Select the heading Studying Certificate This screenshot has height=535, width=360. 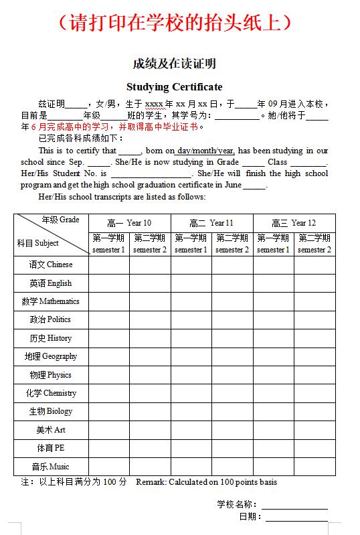point(174,87)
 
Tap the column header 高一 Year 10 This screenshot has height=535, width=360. point(129,223)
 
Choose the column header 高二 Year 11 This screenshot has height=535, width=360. point(211,223)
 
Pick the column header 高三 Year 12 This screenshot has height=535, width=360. point(294,223)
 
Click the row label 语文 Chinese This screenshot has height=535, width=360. point(51,265)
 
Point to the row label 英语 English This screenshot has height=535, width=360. point(51,283)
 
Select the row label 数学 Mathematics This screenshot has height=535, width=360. point(51,301)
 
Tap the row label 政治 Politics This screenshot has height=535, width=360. point(51,319)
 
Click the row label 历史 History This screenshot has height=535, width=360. point(51,338)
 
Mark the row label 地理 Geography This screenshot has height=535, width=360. point(51,356)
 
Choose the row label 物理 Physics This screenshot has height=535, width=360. point(51,375)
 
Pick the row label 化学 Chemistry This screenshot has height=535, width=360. point(51,393)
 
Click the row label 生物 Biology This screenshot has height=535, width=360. point(51,411)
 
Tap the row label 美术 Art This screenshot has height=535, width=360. point(51,430)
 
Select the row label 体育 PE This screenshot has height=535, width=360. point(51,448)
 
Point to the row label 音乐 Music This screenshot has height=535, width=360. point(51,467)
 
